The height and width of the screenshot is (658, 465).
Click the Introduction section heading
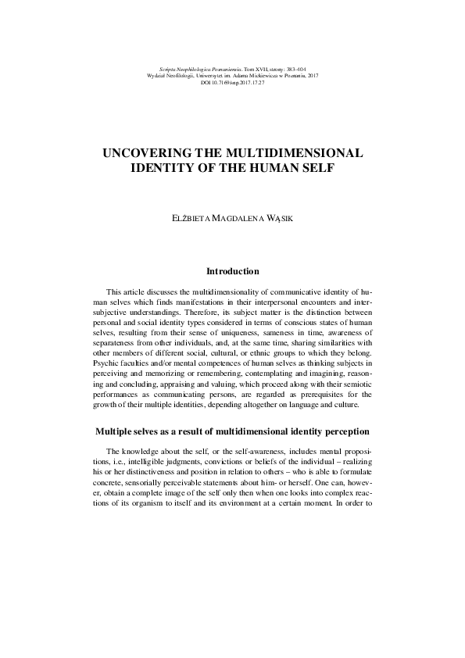coord(232,272)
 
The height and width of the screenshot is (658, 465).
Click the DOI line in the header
coord(232,82)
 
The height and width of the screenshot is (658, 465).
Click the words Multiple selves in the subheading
coord(126,432)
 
